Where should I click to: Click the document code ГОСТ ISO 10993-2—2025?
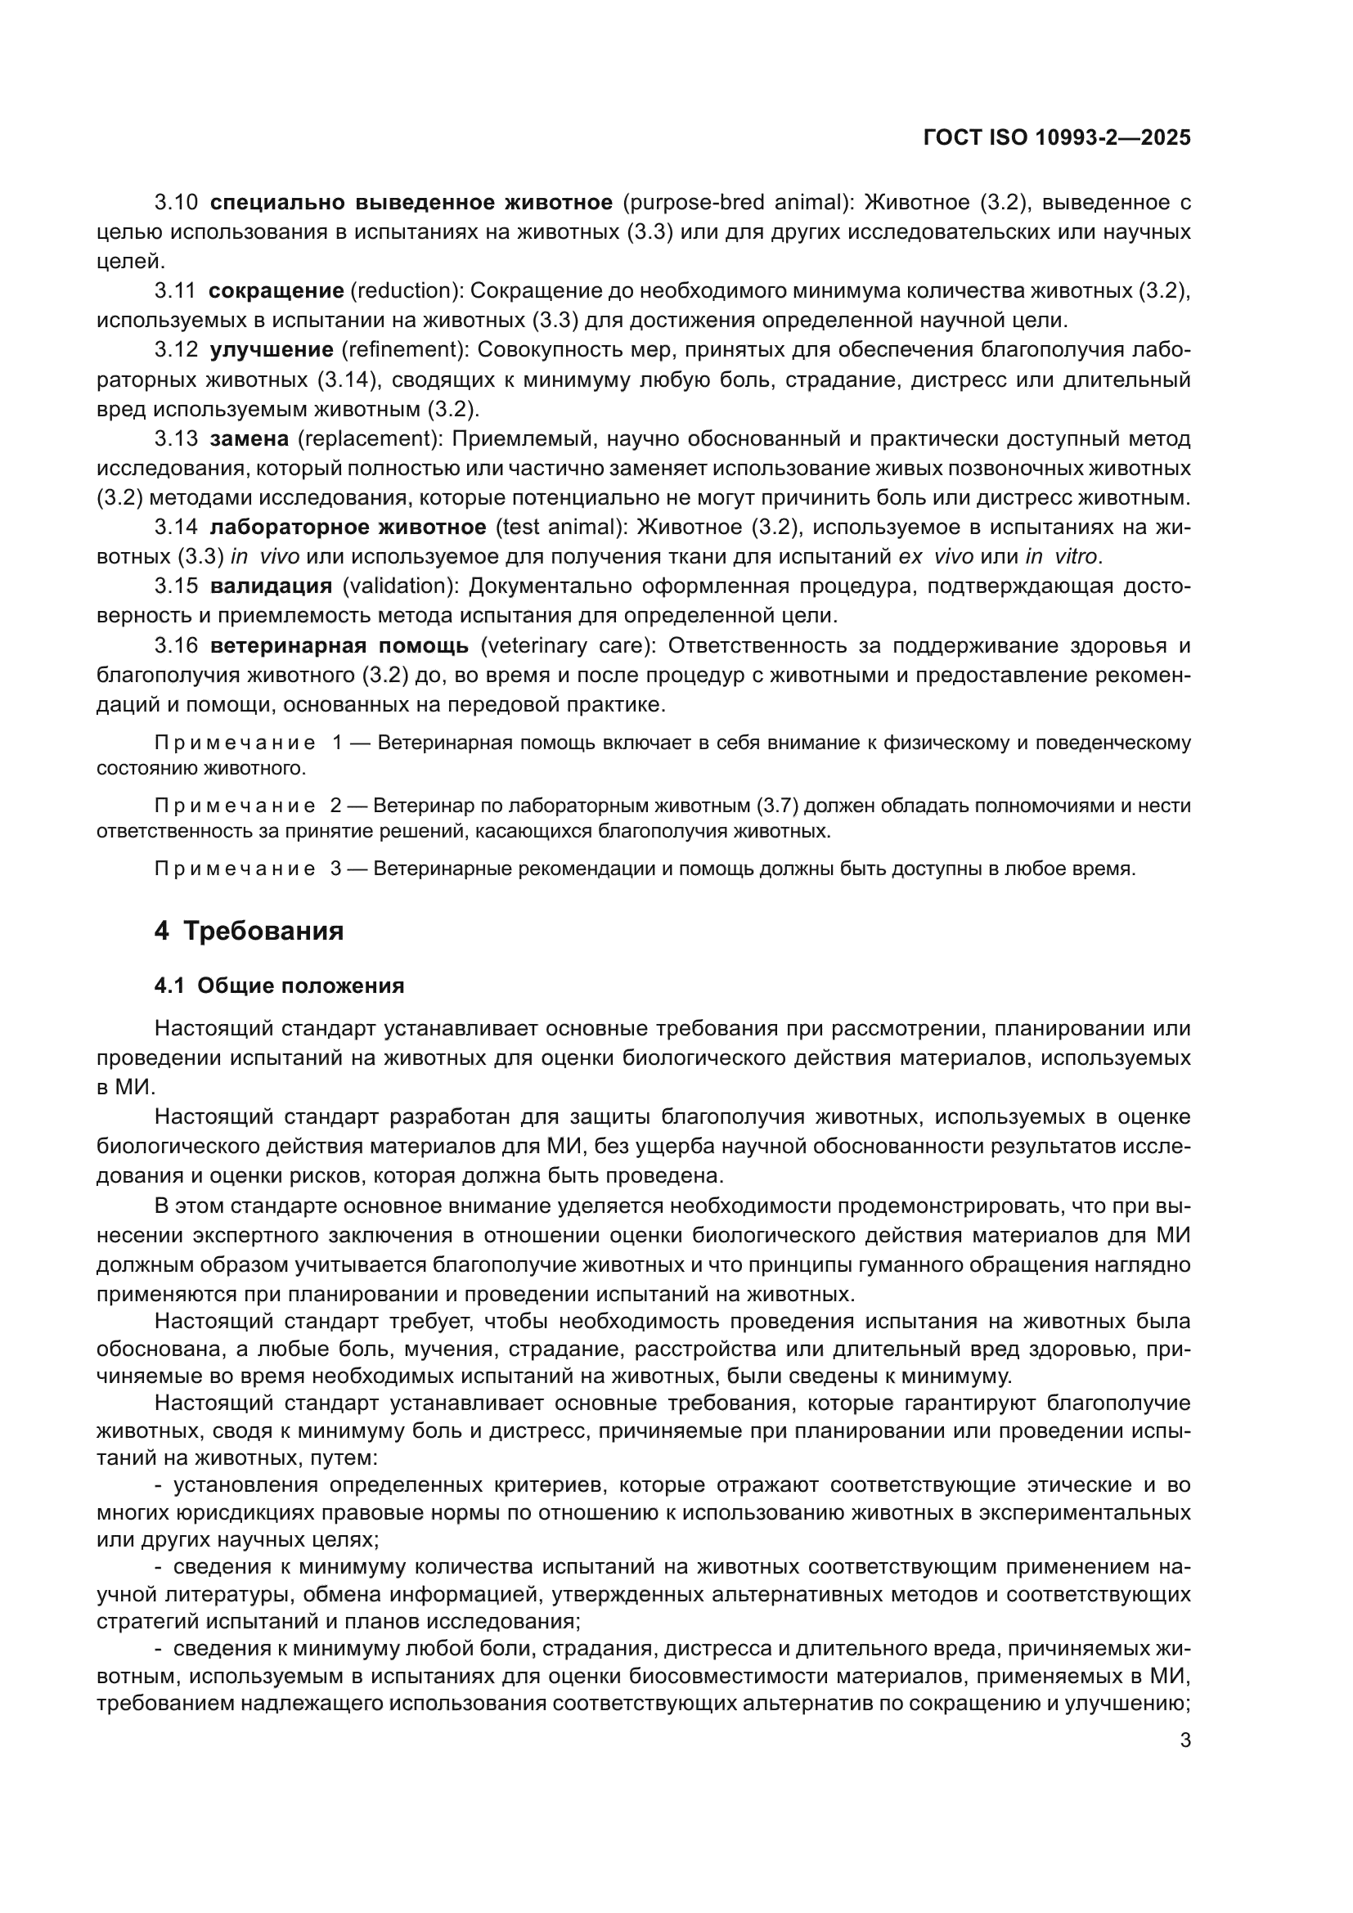tap(1056, 137)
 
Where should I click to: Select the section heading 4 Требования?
tap(249, 931)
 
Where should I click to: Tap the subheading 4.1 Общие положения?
tap(279, 986)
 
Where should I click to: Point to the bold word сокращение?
tap(276, 291)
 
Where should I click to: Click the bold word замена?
tap(249, 439)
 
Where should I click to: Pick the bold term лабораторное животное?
tap(348, 528)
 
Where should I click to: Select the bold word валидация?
tap(271, 586)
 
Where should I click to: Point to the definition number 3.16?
tap(176, 646)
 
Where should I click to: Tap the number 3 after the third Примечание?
tap(335, 869)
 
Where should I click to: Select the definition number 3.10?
tap(176, 203)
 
